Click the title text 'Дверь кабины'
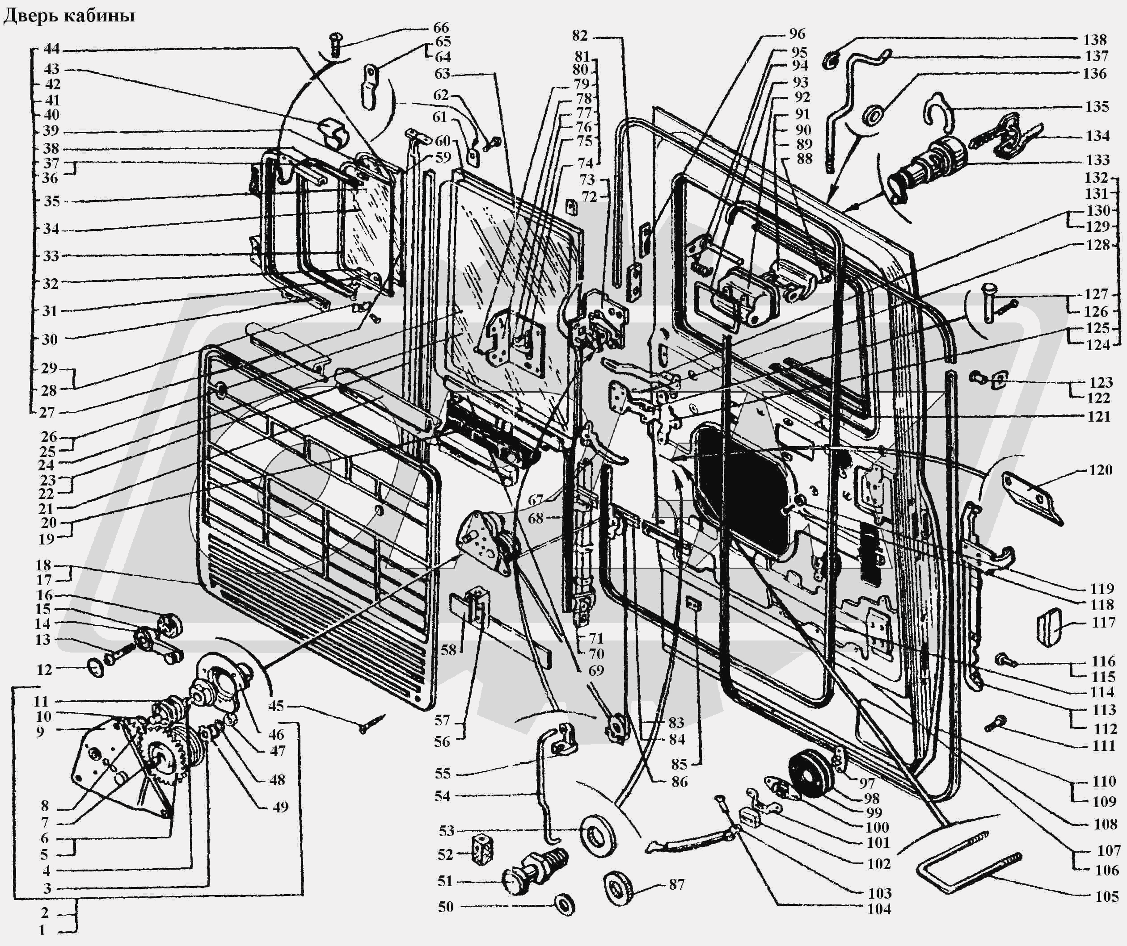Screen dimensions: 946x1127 69,16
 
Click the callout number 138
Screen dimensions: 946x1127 1095,39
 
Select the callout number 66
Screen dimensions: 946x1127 441,27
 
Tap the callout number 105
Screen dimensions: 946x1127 1106,896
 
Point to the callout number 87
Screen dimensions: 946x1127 677,884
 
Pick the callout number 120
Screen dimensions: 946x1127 1100,470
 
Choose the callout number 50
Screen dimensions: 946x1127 445,907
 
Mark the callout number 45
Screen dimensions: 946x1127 276,706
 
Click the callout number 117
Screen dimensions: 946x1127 1103,623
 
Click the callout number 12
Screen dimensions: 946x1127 45,669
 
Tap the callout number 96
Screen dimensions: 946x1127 797,34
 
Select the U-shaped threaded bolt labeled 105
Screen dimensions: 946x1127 961,864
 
